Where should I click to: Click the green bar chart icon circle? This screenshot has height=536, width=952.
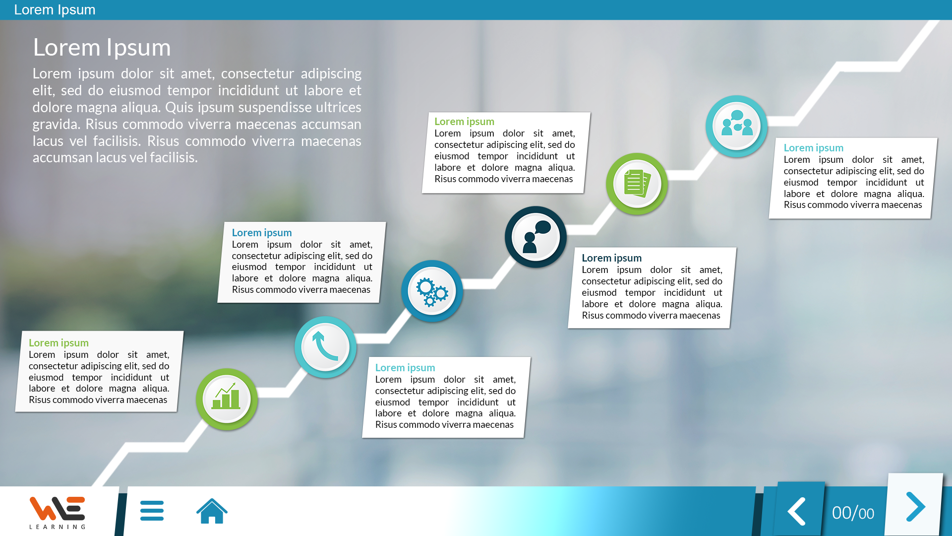(x=227, y=399)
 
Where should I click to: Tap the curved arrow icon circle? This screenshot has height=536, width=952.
(x=325, y=347)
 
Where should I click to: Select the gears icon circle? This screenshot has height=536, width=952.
(x=432, y=291)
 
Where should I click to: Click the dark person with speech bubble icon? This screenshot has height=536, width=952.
(x=535, y=237)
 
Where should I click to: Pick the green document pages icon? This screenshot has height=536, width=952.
(x=637, y=184)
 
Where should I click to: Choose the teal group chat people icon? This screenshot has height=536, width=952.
(x=736, y=126)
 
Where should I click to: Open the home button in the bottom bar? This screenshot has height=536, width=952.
(x=212, y=511)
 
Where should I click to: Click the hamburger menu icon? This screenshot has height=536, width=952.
(x=152, y=511)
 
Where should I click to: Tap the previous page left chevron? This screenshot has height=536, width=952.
(x=797, y=511)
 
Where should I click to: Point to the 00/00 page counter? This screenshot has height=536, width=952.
(x=853, y=513)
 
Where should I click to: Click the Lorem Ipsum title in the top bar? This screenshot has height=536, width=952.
(x=55, y=10)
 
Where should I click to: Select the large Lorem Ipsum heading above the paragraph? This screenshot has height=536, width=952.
(x=102, y=48)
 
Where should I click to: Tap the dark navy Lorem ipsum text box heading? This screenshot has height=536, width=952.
(x=611, y=258)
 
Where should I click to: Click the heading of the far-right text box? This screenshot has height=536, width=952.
(x=813, y=148)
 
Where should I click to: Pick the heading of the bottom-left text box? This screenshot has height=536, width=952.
(x=59, y=343)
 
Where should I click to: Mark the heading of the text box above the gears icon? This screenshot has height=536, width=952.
(x=262, y=233)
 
